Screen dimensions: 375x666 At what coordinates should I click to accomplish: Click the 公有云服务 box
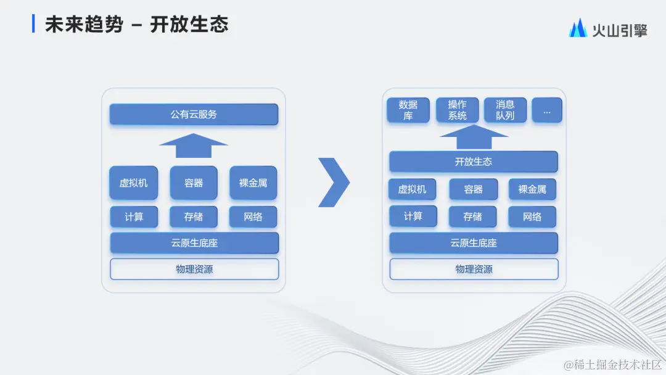click(194, 114)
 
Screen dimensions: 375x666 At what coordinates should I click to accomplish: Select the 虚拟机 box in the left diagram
click(133, 183)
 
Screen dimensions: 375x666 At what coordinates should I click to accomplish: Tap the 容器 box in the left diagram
click(194, 183)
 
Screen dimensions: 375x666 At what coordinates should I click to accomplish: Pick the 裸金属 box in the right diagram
click(532, 189)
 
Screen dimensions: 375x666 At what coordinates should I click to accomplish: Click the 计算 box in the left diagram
click(134, 216)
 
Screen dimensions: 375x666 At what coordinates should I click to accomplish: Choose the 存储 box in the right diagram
click(472, 216)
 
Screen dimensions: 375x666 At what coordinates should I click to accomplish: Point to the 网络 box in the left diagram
click(253, 216)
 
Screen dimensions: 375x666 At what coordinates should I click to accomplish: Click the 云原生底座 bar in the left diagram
click(194, 243)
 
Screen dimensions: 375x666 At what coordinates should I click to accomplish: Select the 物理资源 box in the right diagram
click(474, 269)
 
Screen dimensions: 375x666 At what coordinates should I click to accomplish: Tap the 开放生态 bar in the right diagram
click(473, 162)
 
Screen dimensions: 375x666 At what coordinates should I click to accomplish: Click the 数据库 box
click(408, 110)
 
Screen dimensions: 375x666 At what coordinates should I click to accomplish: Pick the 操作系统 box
click(457, 110)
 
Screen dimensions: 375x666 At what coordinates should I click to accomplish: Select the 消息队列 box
click(505, 110)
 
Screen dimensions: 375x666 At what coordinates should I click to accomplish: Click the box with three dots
click(547, 110)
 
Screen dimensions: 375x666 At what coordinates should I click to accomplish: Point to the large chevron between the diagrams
click(334, 182)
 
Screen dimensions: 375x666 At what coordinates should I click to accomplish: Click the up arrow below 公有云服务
click(194, 149)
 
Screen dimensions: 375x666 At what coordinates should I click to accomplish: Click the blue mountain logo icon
click(578, 28)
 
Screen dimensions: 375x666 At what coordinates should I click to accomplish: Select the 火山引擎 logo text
click(619, 30)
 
